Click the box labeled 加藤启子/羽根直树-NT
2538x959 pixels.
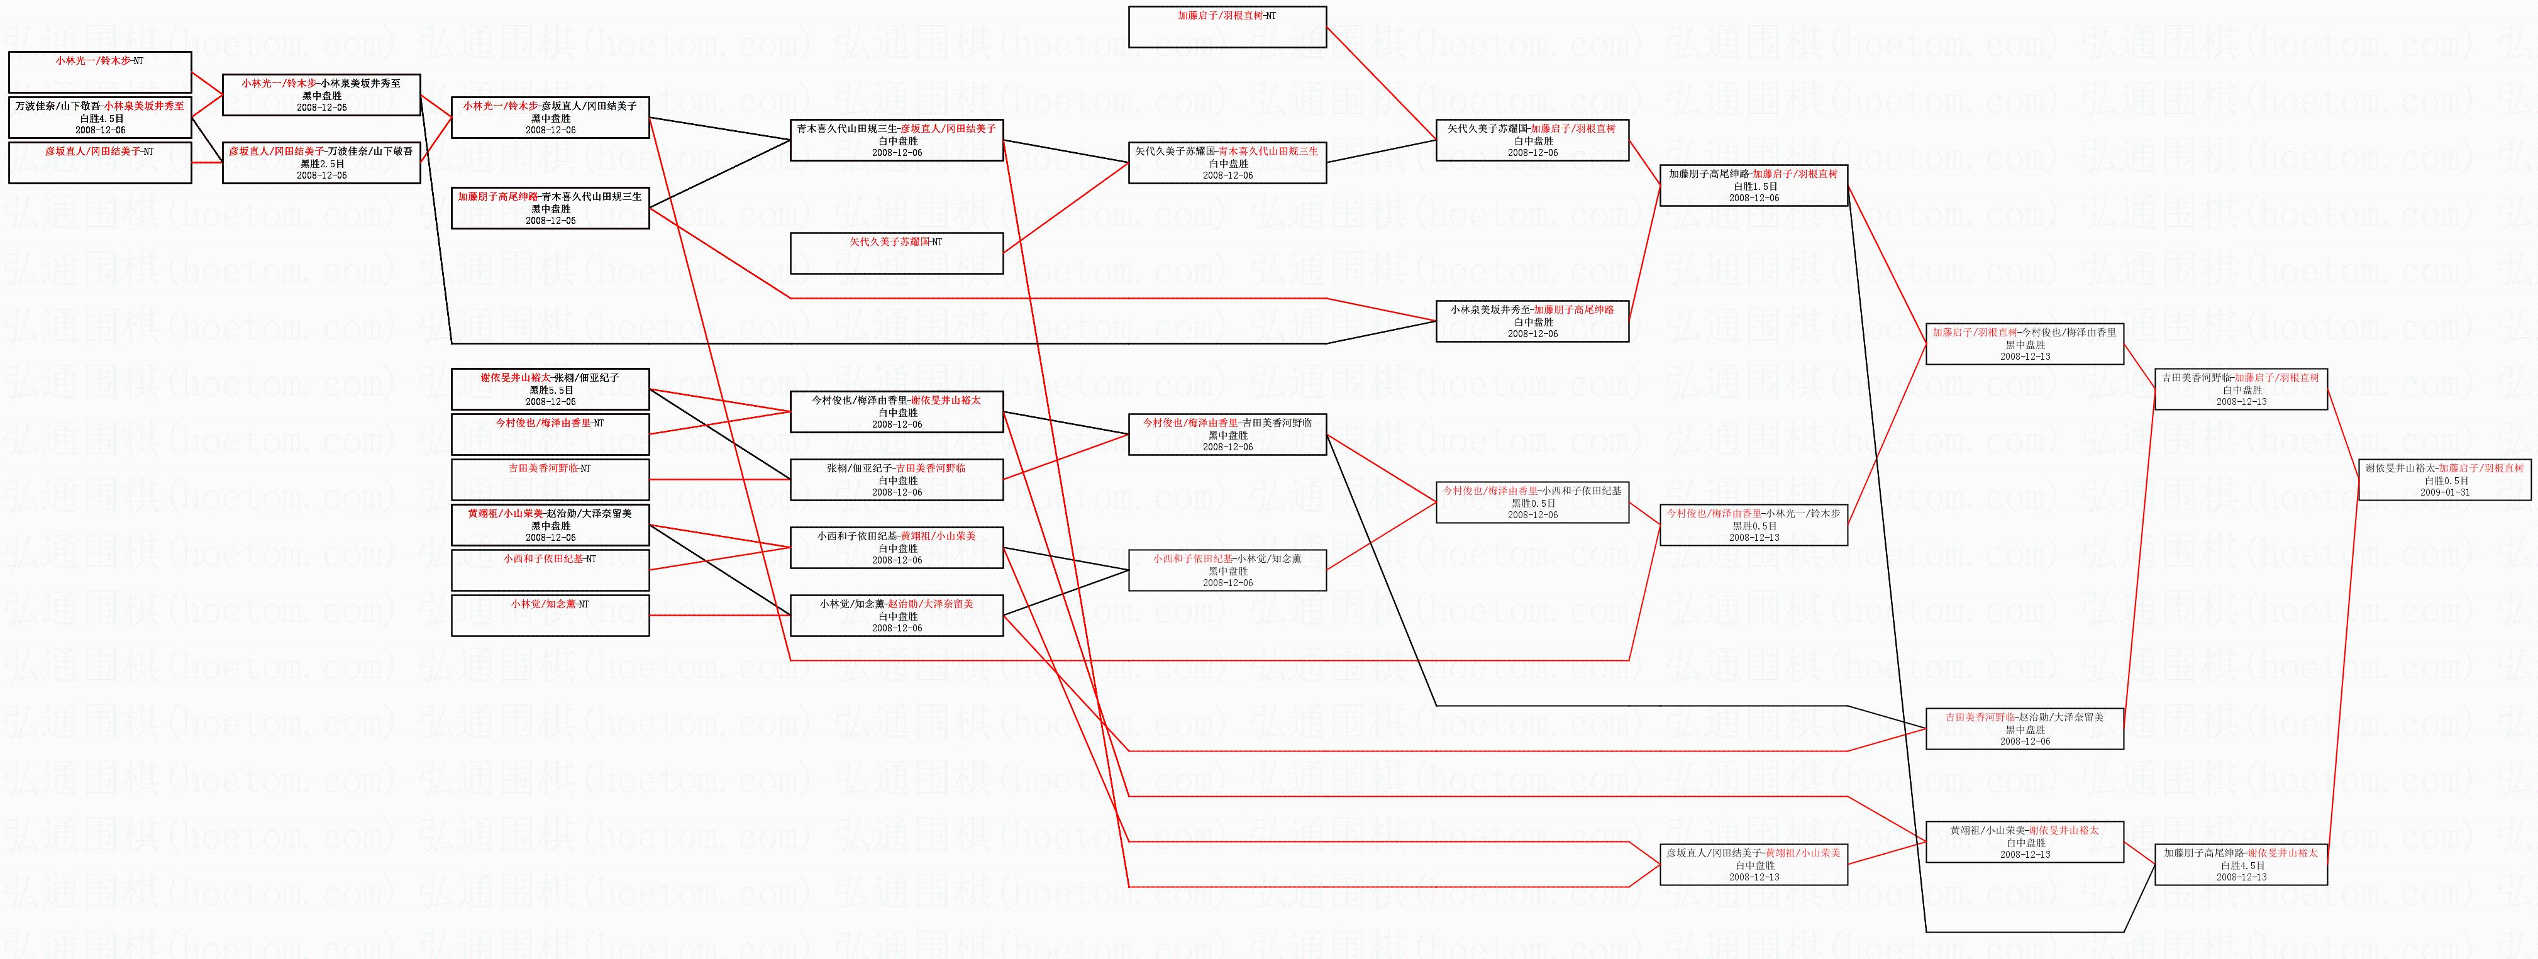(x=1227, y=26)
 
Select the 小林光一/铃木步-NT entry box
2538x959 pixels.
(x=99, y=72)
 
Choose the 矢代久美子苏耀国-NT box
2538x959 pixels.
(x=897, y=252)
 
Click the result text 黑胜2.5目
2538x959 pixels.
(x=322, y=164)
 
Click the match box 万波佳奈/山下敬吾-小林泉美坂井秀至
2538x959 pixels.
(x=99, y=116)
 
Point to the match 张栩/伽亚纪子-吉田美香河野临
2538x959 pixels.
(x=897, y=479)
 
